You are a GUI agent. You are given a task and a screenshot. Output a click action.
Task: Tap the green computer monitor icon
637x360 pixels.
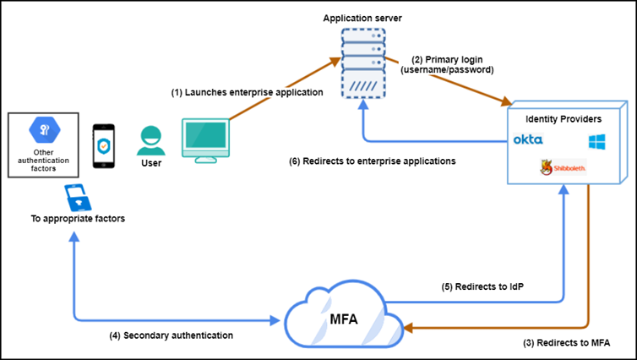[x=206, y=140]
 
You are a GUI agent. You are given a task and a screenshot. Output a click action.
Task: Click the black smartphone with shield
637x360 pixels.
[x=102, y=144]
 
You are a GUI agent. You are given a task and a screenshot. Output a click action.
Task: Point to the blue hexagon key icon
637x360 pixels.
[x=43, y=129]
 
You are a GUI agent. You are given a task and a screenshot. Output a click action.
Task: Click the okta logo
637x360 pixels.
[x=528, y=139]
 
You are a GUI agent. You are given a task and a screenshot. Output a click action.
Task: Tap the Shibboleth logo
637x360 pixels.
[x=563, y=169]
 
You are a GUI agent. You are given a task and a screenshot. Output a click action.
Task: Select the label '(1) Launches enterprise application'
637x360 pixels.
[x=247, y=92]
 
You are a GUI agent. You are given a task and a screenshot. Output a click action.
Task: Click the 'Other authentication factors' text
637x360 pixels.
[x=42, y=160]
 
